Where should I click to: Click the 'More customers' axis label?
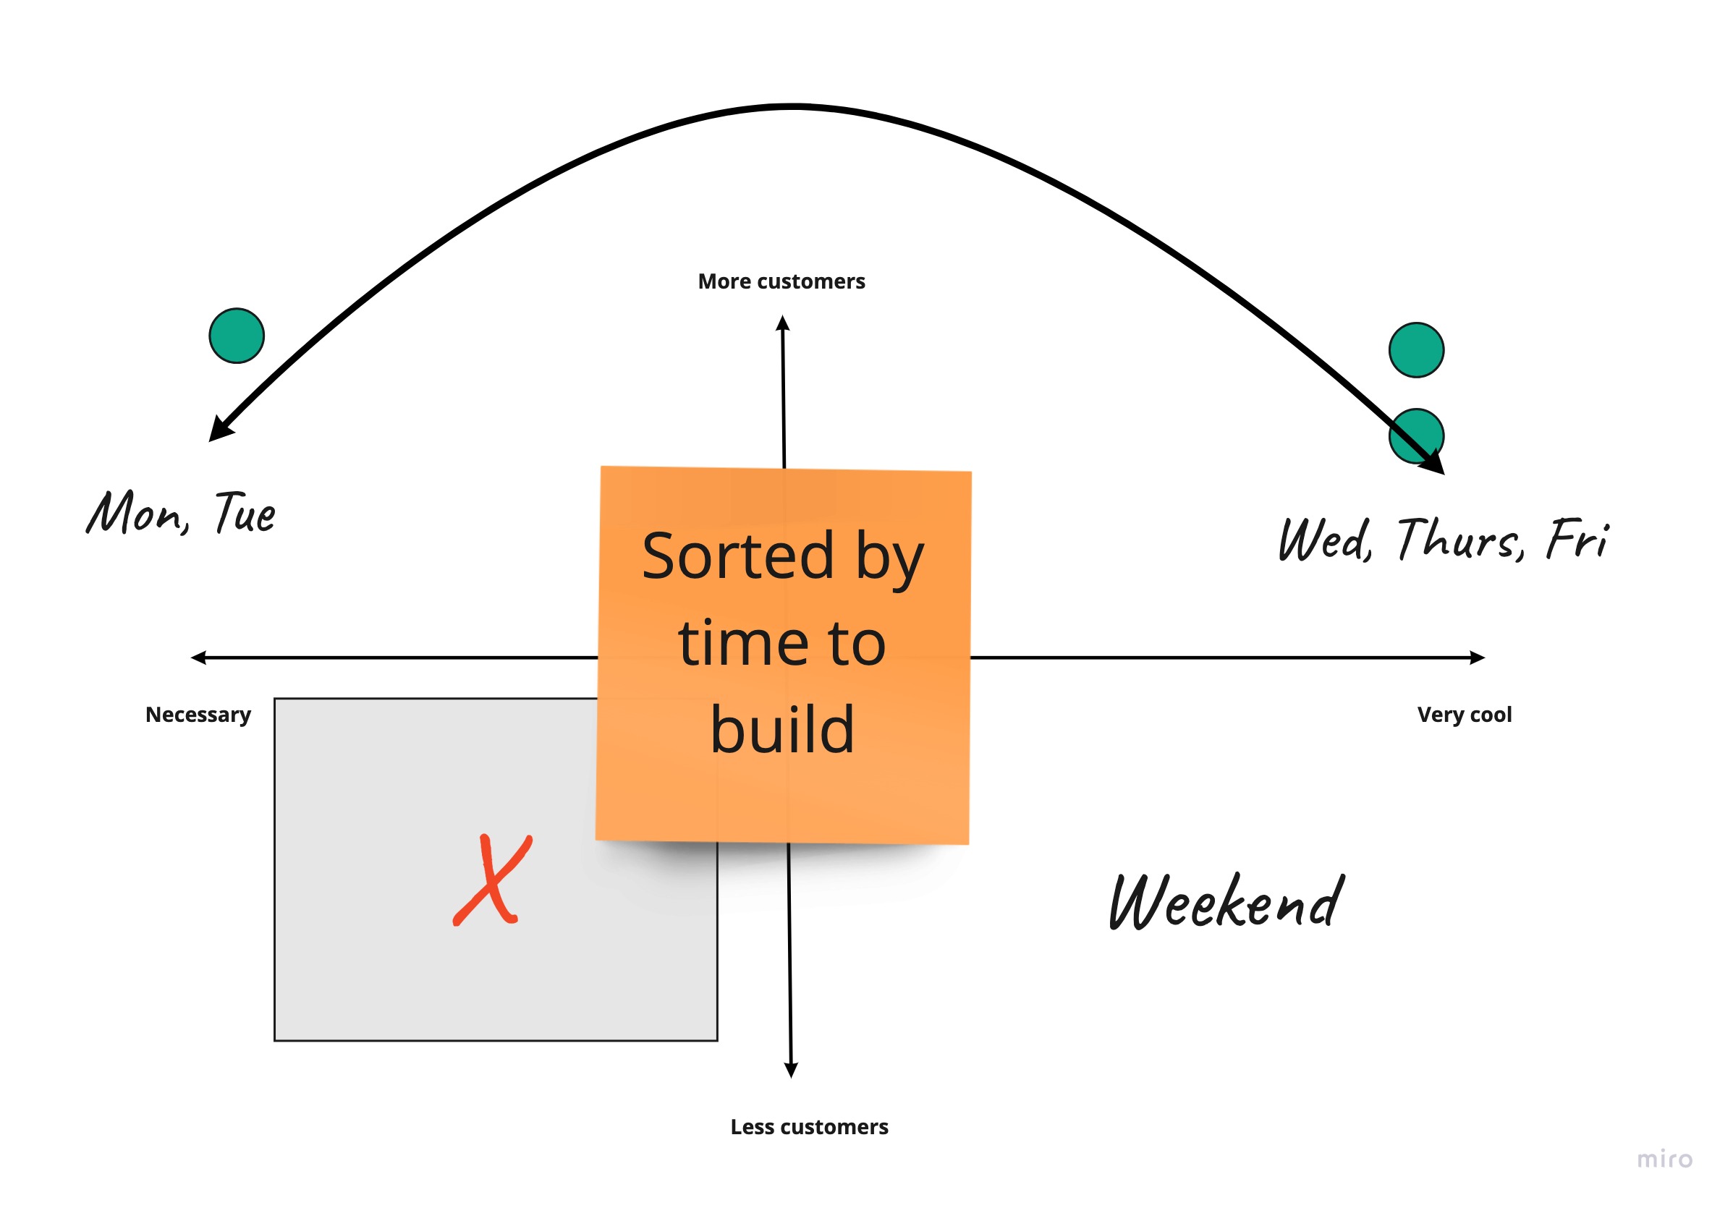781,281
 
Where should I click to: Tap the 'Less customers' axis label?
809,1127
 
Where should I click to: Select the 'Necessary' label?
198,715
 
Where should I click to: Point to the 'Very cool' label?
1465,715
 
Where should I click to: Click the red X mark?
492,880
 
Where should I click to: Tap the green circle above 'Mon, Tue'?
236,336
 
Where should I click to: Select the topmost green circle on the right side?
1417,350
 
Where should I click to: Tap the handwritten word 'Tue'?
245,512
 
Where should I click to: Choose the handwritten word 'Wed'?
1325,539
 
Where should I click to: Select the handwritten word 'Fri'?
1577,539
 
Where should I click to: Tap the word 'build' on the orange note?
783,731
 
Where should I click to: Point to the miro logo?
1665,1159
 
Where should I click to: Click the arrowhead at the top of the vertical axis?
783,323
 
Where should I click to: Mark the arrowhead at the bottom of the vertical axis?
791,1070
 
